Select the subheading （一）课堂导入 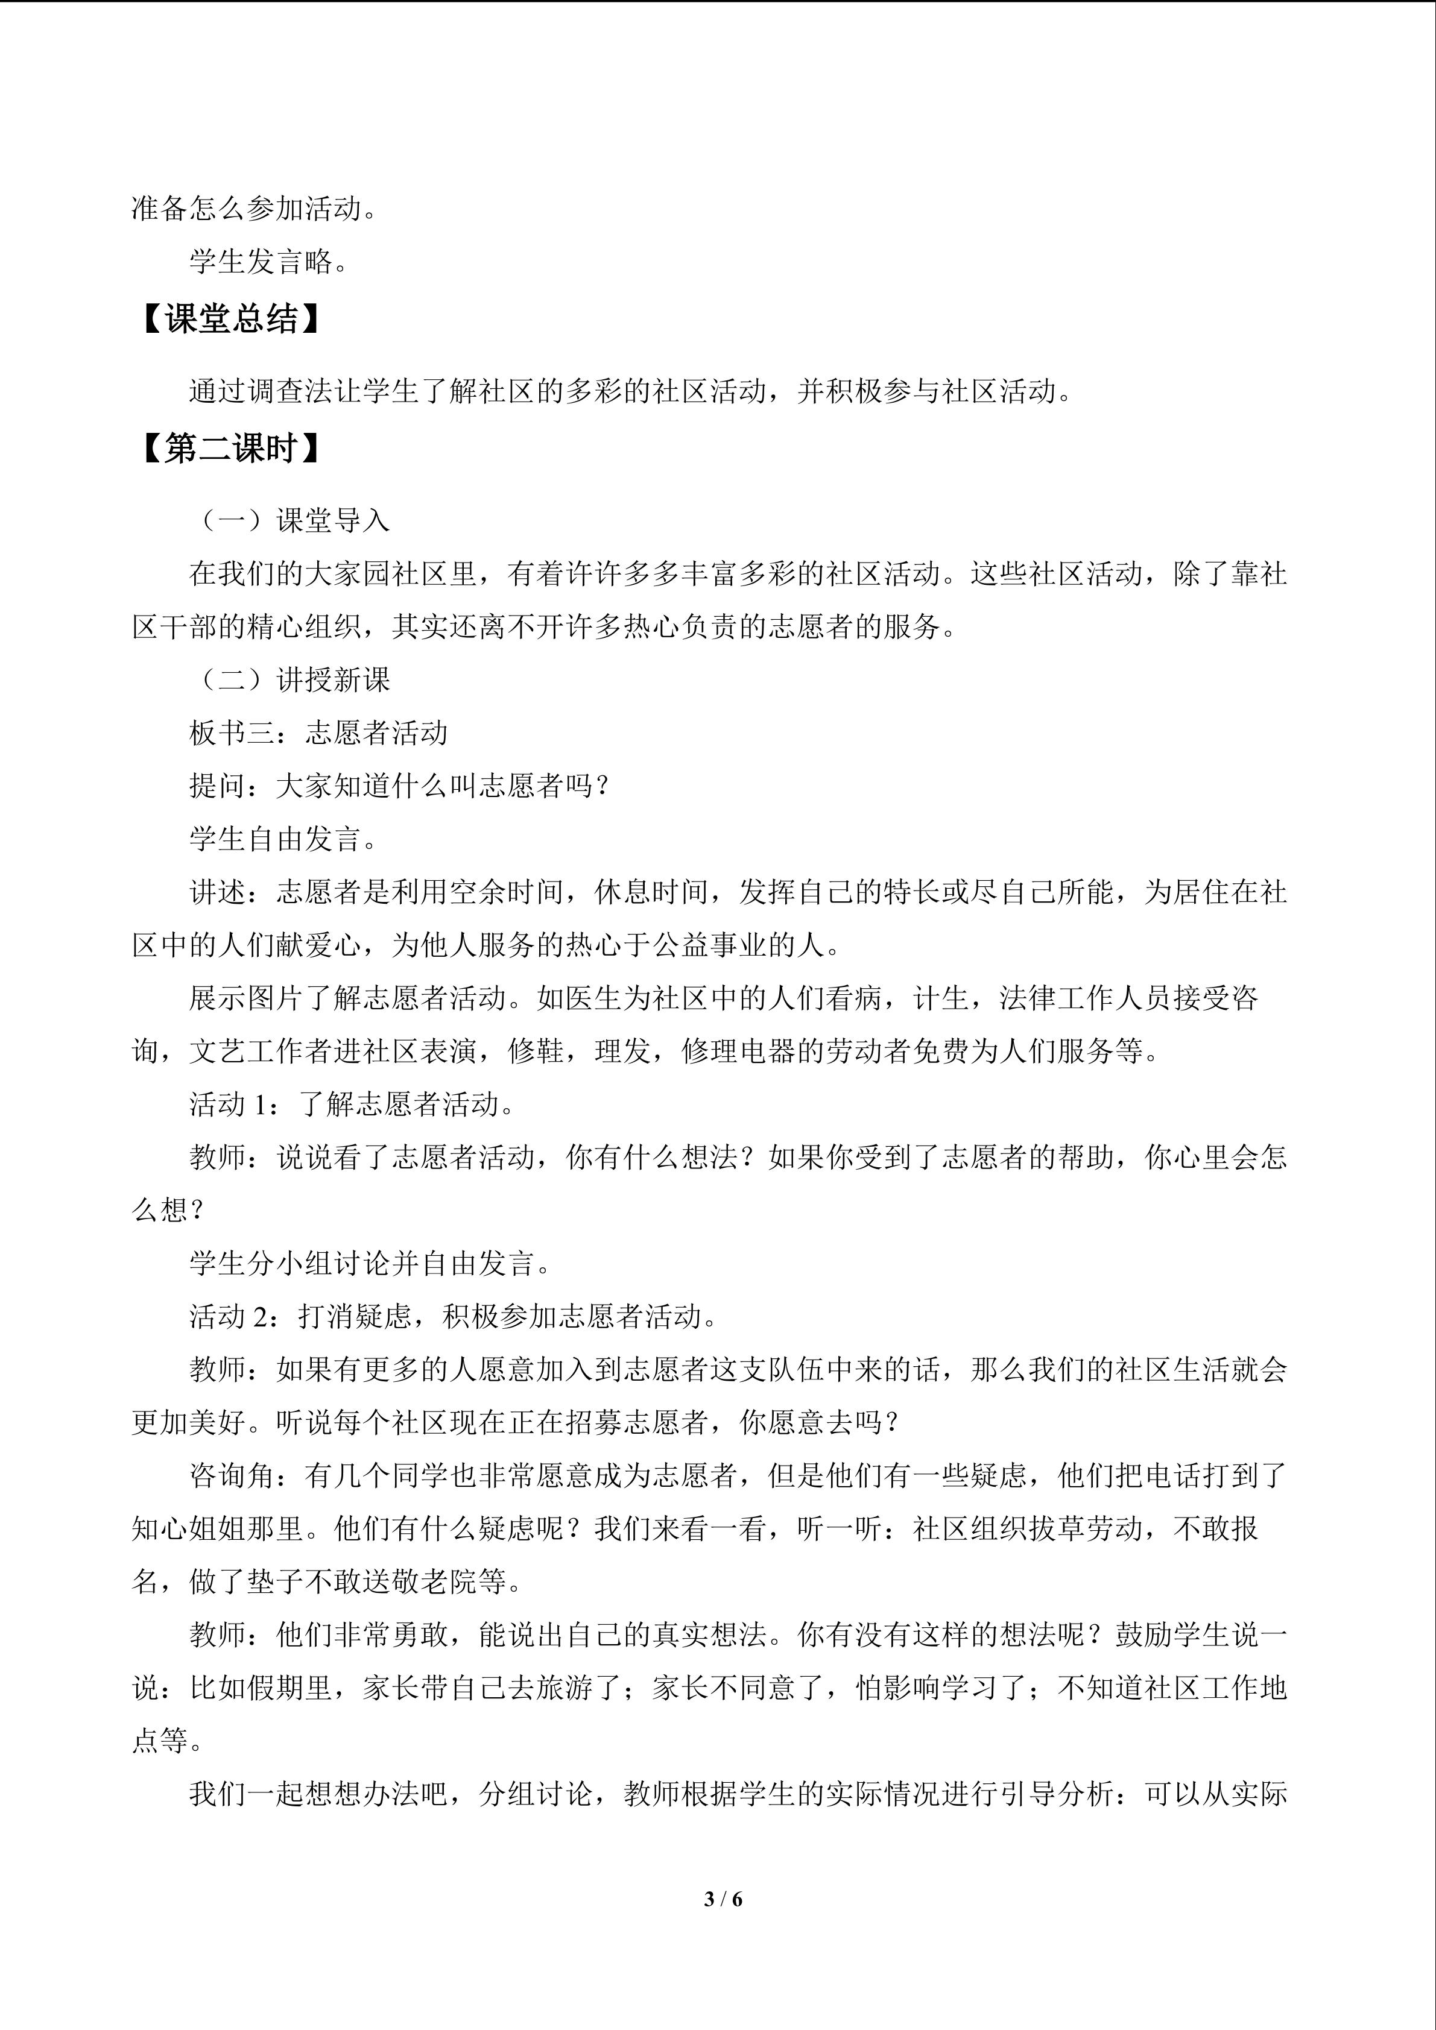click(290, 521)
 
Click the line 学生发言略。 click(269, 261)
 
